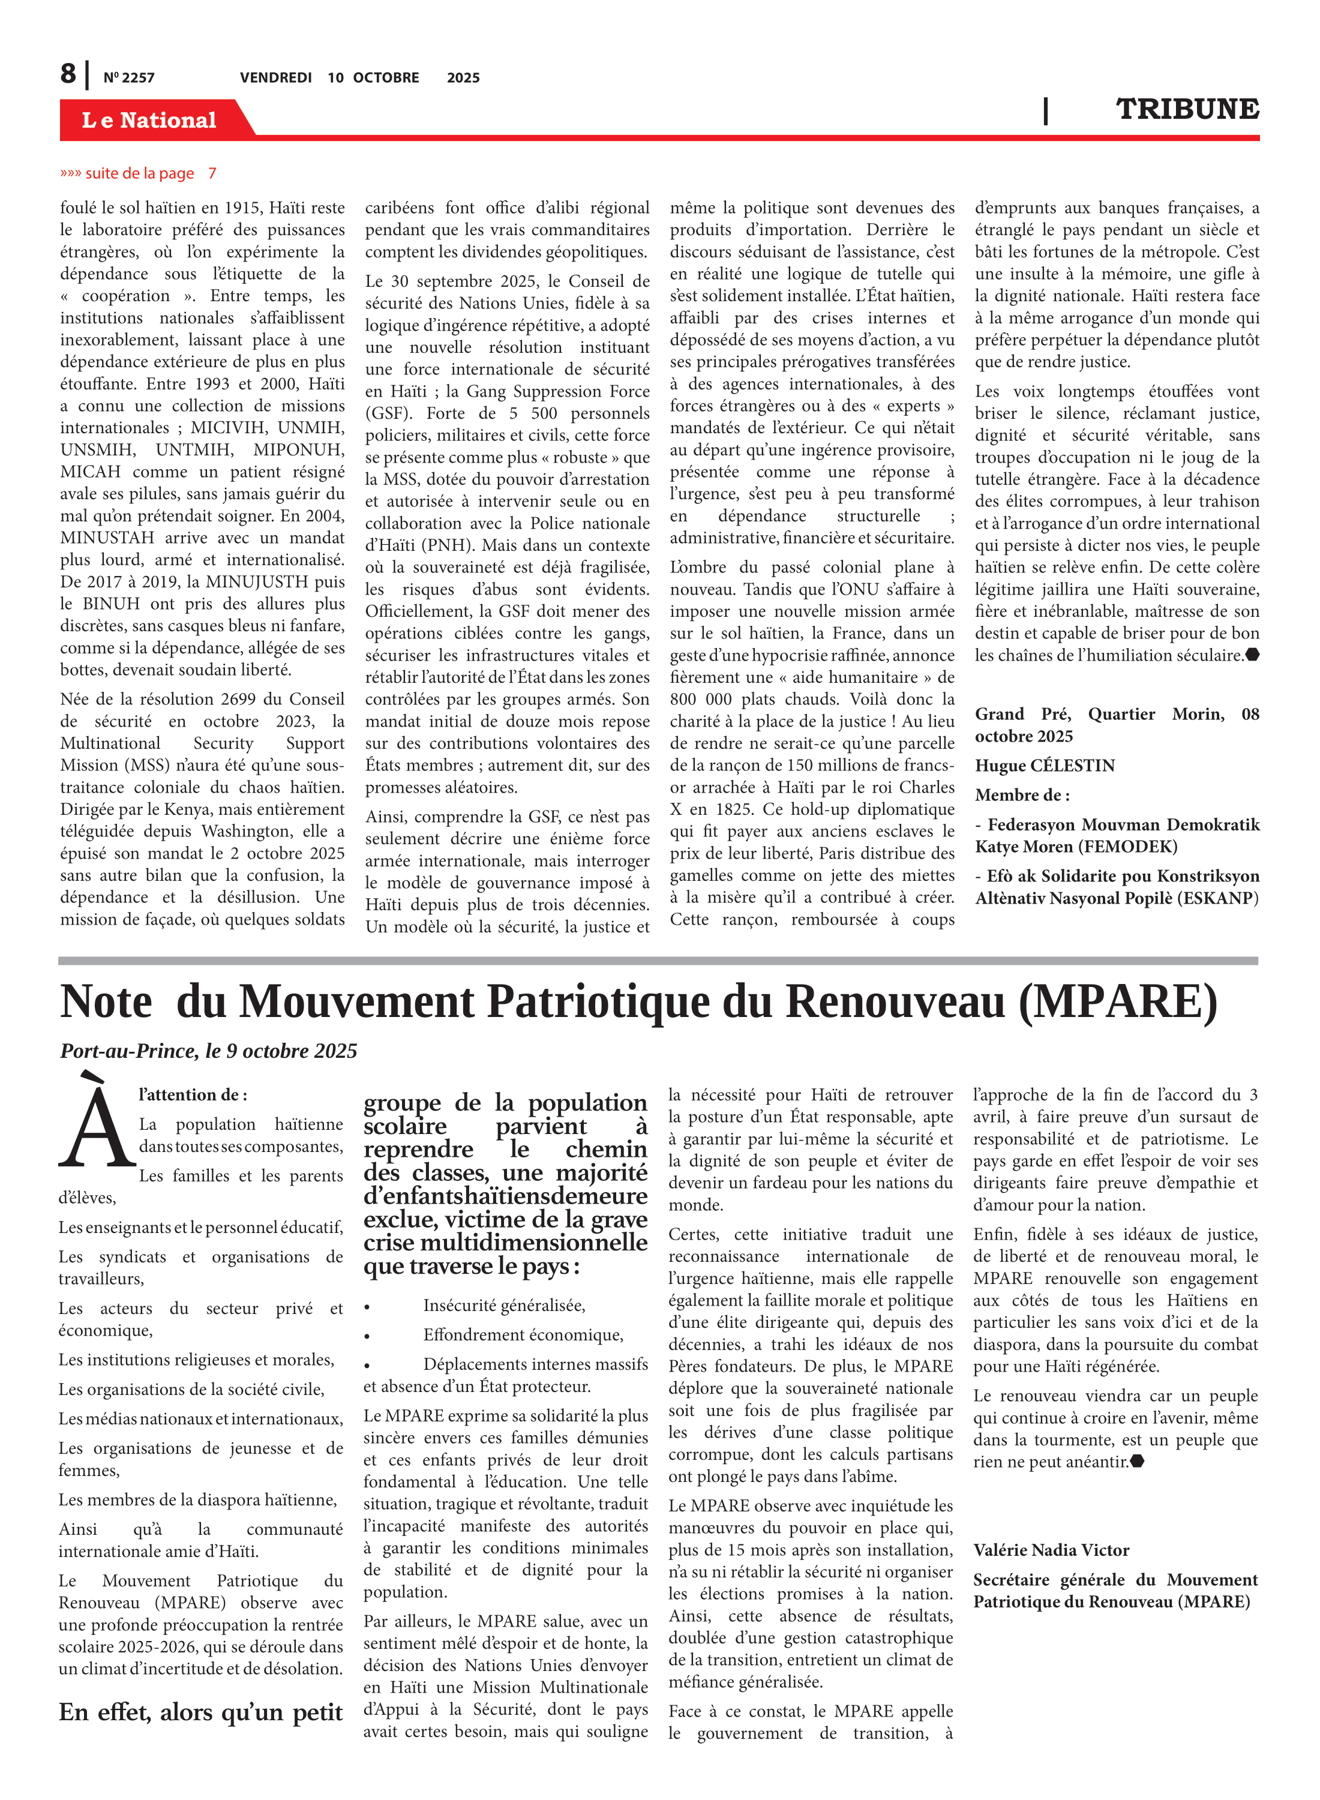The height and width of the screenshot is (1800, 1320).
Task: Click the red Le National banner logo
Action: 149,120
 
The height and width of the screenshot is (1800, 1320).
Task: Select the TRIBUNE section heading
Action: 1187,109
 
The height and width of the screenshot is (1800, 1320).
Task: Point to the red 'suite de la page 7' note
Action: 138,173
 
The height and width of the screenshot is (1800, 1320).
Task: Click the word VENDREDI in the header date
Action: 275,77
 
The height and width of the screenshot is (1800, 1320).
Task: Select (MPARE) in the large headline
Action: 1118,1001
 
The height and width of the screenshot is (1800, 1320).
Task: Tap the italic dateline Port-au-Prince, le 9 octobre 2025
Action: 209,1051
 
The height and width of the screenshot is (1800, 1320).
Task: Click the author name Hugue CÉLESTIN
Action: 1045,766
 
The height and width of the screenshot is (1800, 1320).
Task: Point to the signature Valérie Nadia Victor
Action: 1051,1550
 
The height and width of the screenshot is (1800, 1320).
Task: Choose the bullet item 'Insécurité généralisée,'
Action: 504,1306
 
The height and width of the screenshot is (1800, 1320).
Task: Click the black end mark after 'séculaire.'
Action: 1252,655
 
